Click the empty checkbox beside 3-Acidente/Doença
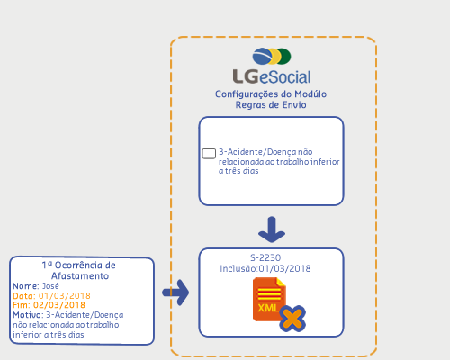(x=209, y=154)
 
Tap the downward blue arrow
(x=272, y=229)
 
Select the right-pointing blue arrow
(x=175, y=292)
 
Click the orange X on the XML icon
(x=292, y=319)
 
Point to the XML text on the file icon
(x=268, y=308)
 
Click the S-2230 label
(x=265, y=257)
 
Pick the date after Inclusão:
(x=284, y=268)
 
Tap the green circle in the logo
(x=284, y=57)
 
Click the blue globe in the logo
(x=263, y=56)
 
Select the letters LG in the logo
(x=246, y=76)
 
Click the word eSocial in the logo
(x=285, y=77)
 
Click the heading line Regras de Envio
(x=271, y=105)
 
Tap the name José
(x=50, y=286)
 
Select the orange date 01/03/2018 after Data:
(x=65, y=296)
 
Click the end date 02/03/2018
(x=59, y=305)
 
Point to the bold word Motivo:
(x=28, y=315)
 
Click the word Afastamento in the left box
(x=80, y=275)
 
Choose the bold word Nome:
(x=26, y=286)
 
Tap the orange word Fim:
(x=22, y=305)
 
